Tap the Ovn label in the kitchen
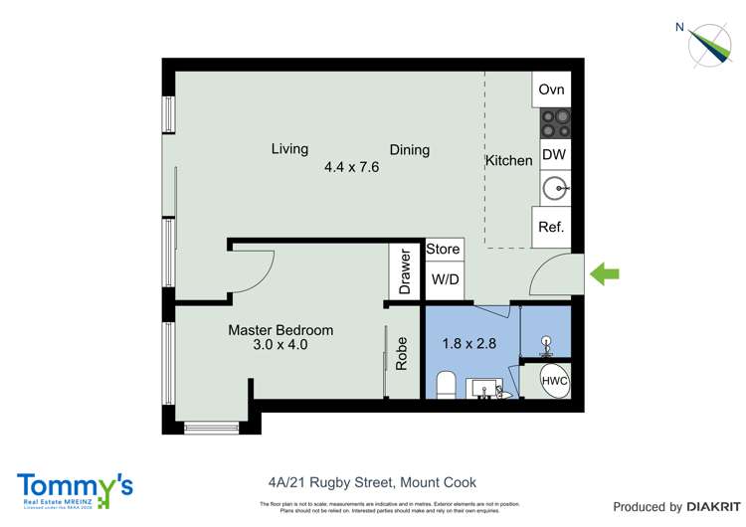coord(551,89)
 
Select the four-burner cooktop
coord(554,122)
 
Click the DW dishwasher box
coord(553,155)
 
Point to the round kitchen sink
coord(554,186)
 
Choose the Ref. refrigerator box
coord(551,227)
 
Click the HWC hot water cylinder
coord(554,381)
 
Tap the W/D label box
coord(445,279)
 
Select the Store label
coord(444,249)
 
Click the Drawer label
coord(405,271)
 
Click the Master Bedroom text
coord(280,330)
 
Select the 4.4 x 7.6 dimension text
coord(351,167)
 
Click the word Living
coord(289,149)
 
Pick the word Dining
coord(409,150)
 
